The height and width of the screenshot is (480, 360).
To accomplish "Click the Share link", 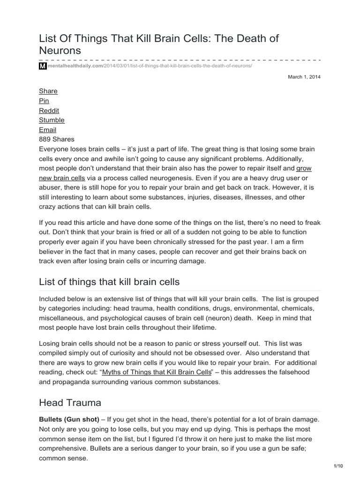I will coord(48,91).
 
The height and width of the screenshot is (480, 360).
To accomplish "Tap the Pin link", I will coord(44,101).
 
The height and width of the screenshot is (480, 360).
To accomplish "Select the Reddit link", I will coord(49,111).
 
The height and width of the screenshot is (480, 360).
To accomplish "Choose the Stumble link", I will coord(52,120).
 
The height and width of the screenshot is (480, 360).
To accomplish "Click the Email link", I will coord(47,130).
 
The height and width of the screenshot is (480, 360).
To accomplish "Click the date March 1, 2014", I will coord(304,76).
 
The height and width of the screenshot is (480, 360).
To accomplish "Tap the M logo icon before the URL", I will coord(42,67).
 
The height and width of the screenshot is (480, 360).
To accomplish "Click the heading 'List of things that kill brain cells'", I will coord(109,281).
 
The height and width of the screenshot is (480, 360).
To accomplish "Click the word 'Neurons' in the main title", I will coord(60,50).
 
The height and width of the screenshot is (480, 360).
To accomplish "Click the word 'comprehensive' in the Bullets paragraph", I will coord(68,449).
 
